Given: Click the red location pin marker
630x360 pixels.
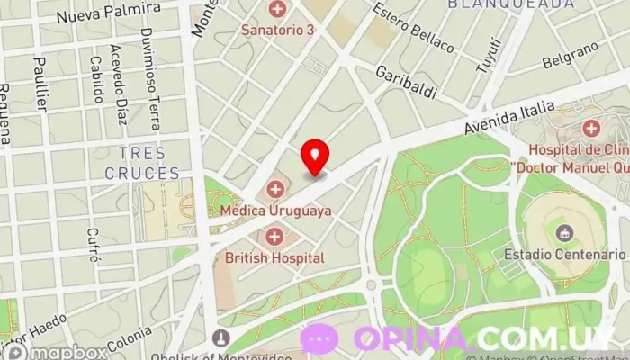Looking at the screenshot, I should pos(315,157).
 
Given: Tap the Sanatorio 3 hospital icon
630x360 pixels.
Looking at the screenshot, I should pos(277,11).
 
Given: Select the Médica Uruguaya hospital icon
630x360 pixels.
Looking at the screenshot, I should pos(275,190).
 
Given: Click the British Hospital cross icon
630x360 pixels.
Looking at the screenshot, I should pos(274,238).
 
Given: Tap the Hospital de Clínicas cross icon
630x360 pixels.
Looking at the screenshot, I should pos(590,129).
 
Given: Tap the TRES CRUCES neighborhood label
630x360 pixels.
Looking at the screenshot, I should pos(141,163).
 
